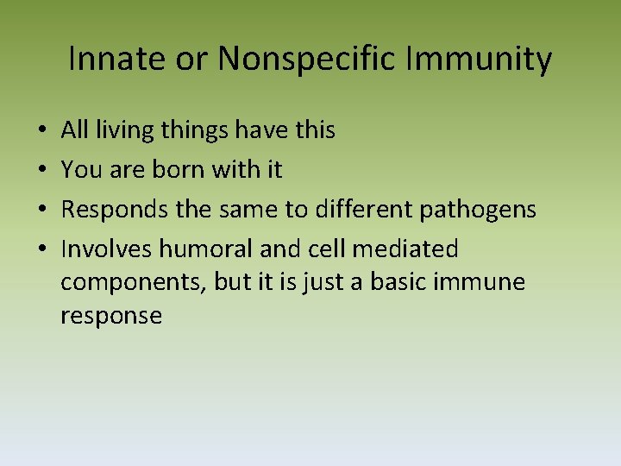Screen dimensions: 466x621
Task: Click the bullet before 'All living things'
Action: tap(42, 131)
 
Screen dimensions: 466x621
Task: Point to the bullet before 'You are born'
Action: tap(42, 171)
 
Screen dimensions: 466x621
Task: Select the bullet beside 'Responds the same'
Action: tap(42, 211)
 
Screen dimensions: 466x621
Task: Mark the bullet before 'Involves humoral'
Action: tap(42, 250)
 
